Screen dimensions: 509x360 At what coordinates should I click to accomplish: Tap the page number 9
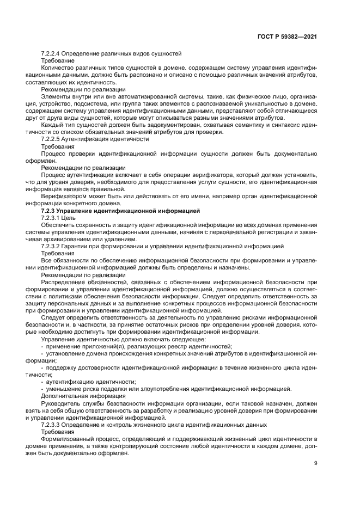(316, 463)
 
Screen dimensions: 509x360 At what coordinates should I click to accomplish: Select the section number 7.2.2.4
(53, 53)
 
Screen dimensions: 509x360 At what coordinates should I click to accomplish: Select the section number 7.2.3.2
(53, 246)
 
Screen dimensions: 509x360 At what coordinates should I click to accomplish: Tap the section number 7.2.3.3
(53, 424)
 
